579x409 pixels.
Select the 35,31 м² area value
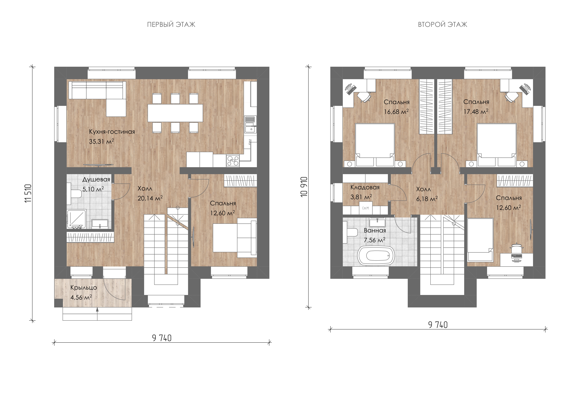point(101,141)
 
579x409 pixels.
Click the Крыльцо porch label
point(83,287)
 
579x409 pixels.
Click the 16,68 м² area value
point(396,112)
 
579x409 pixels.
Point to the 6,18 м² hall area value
point(427,199)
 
